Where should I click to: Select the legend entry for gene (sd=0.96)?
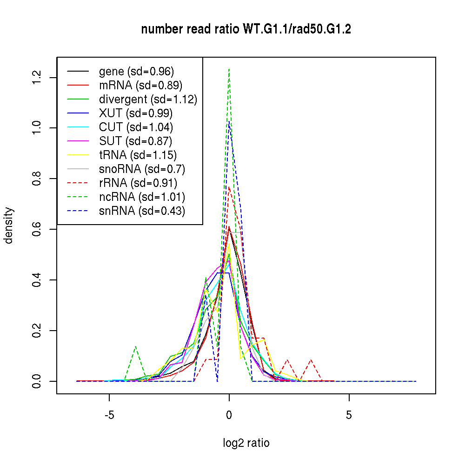(136, 72)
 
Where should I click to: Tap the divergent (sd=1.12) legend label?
(148, 100)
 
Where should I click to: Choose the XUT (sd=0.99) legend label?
(136, 113)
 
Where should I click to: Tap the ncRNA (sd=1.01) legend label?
(142, 197)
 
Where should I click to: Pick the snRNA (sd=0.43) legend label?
(142, 211)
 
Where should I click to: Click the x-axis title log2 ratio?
(246, 443)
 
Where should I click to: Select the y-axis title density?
(9, 226)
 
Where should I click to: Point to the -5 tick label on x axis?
(109, 415)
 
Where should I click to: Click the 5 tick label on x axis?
(349, 415)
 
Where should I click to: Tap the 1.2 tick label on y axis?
(37, 77)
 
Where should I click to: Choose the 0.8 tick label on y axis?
(37, 179)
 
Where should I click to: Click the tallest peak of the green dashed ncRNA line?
(229, 69)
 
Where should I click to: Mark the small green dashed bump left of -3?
(135, 346)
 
